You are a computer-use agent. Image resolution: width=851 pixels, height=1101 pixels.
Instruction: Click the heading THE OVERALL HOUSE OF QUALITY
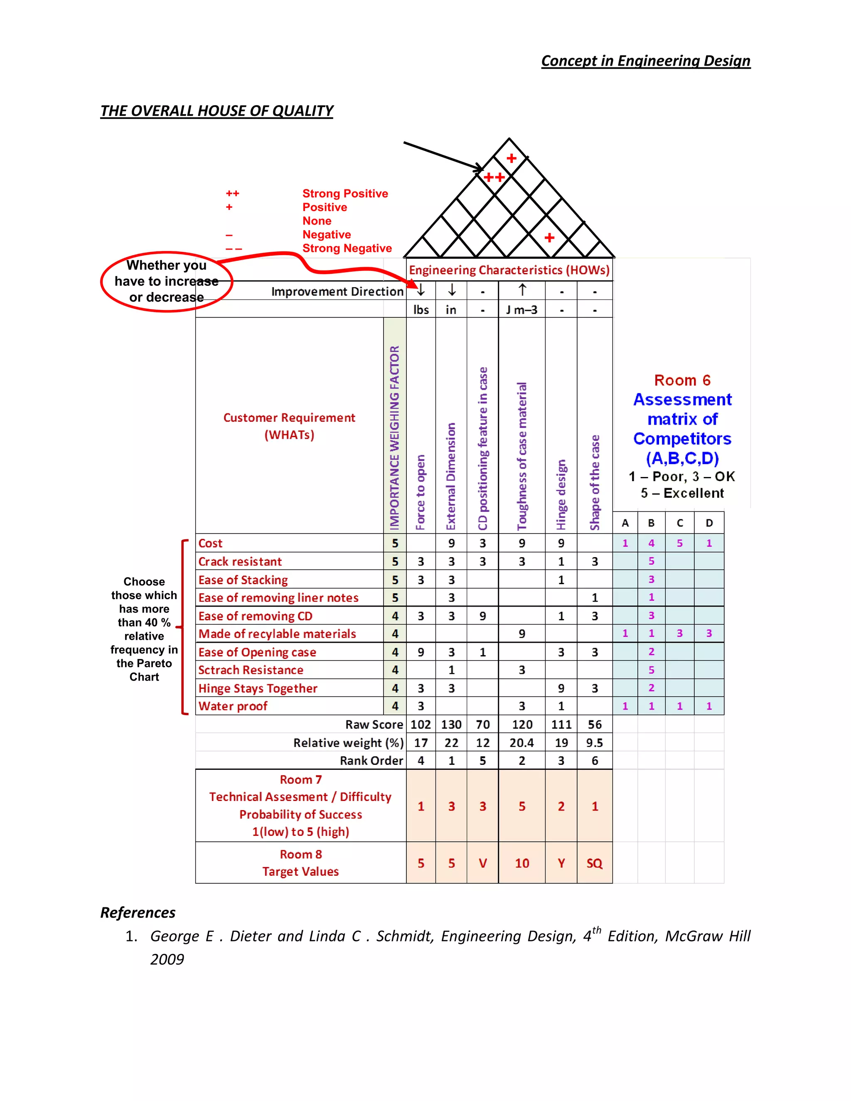pyautogui.click(x=217, y=111)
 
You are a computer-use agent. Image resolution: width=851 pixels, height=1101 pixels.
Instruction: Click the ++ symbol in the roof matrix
pyautogui.click(x=494, y=177)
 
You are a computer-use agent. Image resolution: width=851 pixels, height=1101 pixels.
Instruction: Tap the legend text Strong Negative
pyautogui.click(x=347, y=248)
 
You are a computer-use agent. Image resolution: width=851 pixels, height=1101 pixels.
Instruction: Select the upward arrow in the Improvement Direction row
pyautogui.click(x=522, y=290)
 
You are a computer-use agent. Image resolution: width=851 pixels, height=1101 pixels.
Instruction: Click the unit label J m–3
pyautogui.click(x=522, y=310)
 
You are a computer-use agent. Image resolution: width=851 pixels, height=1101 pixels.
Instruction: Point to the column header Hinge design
pyautogui.click(x=561, y=494)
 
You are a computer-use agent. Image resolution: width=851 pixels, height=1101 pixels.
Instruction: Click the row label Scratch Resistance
pyautogui.click(x=251, y=670)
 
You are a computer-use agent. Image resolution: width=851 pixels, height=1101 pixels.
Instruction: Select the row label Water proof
pyautogui.click(x=233, y=706)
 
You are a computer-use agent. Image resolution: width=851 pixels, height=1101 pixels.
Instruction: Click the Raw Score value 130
pyautogui.click(x=451, y=725)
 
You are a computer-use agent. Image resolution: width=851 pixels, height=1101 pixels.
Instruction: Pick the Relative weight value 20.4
pyautogui.click(x=522, y=743)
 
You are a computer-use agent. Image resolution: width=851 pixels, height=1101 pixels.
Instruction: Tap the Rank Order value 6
pyautogui.click(x=595, y=761)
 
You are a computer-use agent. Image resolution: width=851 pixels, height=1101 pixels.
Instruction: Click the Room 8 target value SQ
pyautogui.click(x=595, y=864)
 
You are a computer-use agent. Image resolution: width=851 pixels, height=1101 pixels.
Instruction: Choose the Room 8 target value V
pyautogui.click(x=482, y=864)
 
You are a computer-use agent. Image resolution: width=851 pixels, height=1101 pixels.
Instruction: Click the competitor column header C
pyautogui.click(x=679, y=523)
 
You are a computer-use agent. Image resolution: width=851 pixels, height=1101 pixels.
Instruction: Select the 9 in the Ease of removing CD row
pyautogui.click(x=482, y=616)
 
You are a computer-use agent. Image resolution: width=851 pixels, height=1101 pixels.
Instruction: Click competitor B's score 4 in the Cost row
pyautogui.click(x=652, y=543)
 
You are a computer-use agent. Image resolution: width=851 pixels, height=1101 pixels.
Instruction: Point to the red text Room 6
pyautogui.click(x=682, y=380)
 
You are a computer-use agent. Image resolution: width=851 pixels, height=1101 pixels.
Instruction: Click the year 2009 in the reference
pyautogui.click(x=167, y=959)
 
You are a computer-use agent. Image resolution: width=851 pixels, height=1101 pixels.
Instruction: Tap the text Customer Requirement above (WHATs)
pyautogui.click(x=289, y=418)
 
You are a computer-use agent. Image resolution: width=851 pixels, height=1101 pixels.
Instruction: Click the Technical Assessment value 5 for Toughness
pyautogui.click(x=522, y=806)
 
